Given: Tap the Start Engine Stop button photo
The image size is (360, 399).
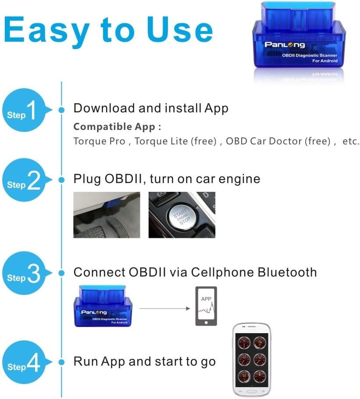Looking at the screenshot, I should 182,215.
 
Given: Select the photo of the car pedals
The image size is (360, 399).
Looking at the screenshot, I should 107,215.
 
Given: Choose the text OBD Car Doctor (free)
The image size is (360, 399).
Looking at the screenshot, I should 278,141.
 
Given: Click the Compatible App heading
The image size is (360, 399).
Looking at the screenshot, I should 117,127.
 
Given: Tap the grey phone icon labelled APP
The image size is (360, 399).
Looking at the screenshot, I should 206,306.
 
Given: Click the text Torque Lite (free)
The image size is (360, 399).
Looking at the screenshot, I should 176,141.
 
